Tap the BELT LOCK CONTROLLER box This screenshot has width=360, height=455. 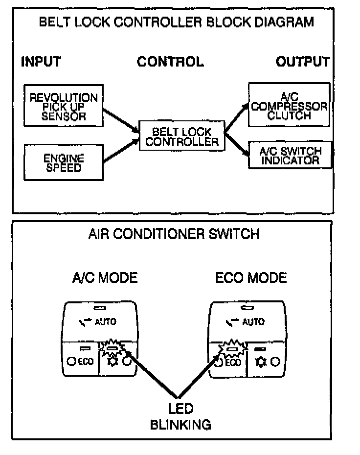coord(181,136)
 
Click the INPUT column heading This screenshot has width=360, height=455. coord(41,62)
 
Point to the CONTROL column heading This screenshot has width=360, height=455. coord(170,62)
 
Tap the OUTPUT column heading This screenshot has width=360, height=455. coord(302,62)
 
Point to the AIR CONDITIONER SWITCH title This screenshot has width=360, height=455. coord(173,234)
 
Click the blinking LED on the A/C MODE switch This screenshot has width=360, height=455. coord(113,349)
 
